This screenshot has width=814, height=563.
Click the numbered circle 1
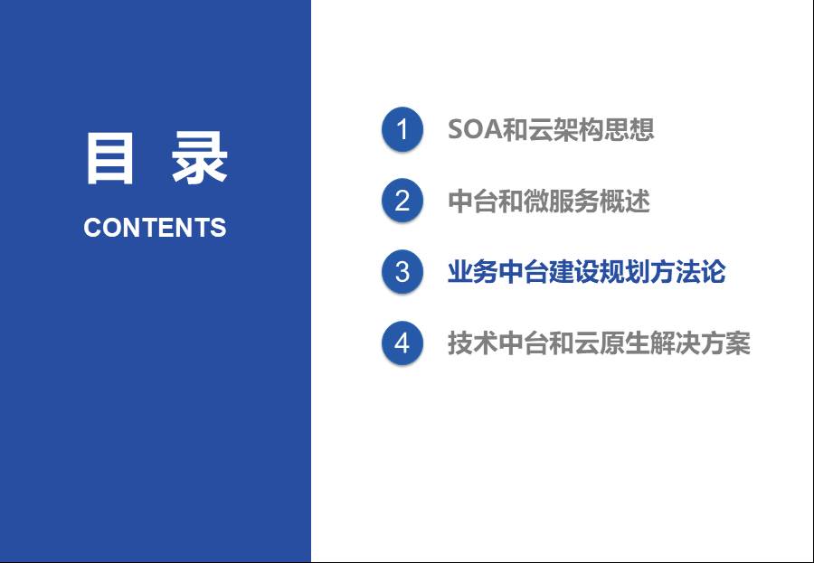[x=402, y=128]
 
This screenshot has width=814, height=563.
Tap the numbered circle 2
[x=402, y=201]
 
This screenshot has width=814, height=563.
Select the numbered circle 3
[x=402, y=271]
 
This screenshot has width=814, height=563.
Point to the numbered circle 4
[x=402, y=343]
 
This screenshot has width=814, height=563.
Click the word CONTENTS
[x=155, y=227]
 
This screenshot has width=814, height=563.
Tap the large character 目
[x=109, y=158]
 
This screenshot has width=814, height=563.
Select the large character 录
[x=200, y=158]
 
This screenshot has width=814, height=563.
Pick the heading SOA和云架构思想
[x=551, y=129]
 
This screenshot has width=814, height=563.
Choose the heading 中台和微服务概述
[x=549, y=201]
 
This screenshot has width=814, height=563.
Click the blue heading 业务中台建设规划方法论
[x=587, y=272]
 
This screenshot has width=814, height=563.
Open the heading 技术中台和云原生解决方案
[x=599, y=343]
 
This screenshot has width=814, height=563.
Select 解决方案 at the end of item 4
[x=700, y=343]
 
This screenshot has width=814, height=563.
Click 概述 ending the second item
[x=624, y=201]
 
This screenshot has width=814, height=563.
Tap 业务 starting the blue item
[x=473, y=272]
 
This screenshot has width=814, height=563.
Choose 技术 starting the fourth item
[x=473, y=343]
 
